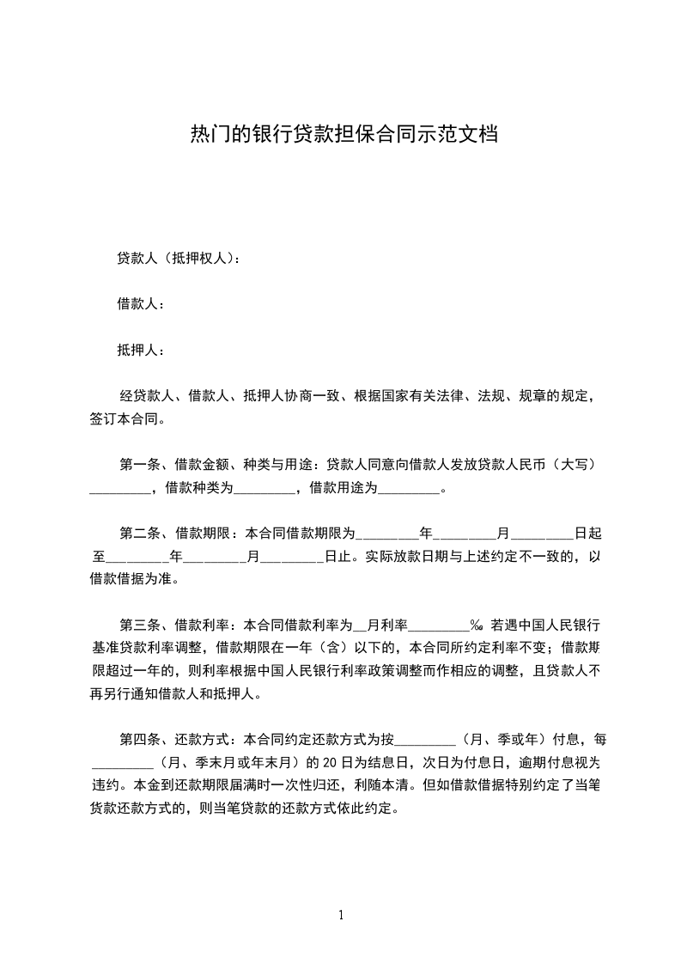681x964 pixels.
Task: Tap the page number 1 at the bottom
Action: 341,915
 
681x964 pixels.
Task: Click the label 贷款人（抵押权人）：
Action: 178,258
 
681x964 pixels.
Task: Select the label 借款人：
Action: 141,304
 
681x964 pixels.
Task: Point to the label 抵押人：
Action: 141,351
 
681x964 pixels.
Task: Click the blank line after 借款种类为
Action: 264,491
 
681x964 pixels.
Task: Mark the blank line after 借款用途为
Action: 408,491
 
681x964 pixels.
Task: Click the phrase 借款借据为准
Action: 131,579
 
